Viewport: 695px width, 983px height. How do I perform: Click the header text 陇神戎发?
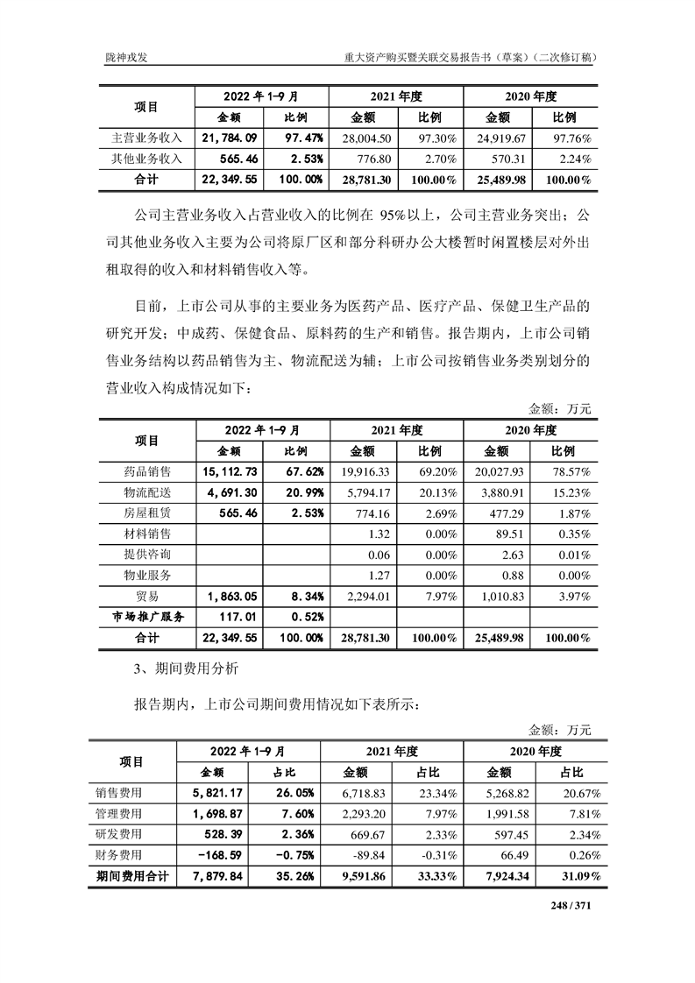click(124, 57)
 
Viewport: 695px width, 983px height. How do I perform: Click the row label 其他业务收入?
click(146, 159)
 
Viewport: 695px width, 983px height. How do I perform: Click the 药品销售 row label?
click(147, 471)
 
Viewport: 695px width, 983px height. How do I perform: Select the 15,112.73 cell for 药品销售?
click(228, 471)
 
